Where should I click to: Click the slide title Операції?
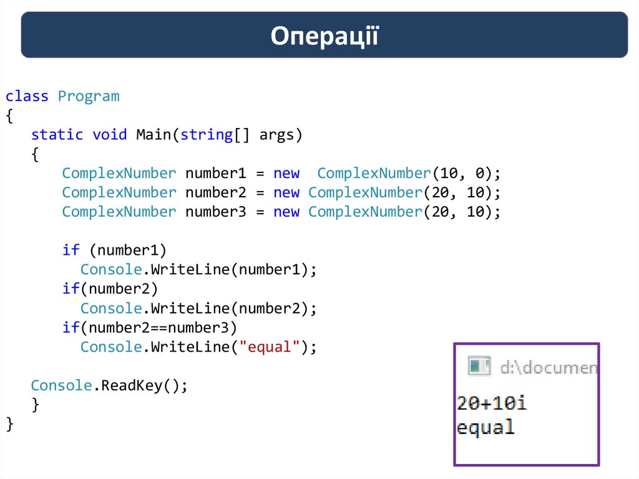tap(324, 36)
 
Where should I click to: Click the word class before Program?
tap(27, 96)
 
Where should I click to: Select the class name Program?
tap(88, 96)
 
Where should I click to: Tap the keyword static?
tap(57, 134)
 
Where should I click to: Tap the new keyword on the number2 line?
tap(286, 192)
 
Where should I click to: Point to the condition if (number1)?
tap(114, 250)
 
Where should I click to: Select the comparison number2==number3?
tap(162, 327)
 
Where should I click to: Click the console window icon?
tap(479, 367)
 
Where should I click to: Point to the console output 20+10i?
tap(491, 403)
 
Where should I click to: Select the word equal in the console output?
tap(485, 428)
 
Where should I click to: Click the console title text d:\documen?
tap(548, 367)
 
